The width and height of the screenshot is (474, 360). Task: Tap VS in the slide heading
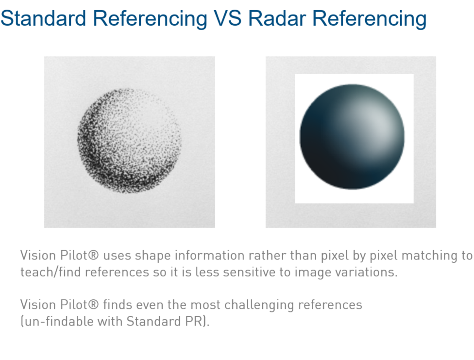(x=227, y=18)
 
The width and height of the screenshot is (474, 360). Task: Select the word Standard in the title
(x=43, y=18)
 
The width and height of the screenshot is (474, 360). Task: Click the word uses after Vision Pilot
(x=117, y=256)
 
